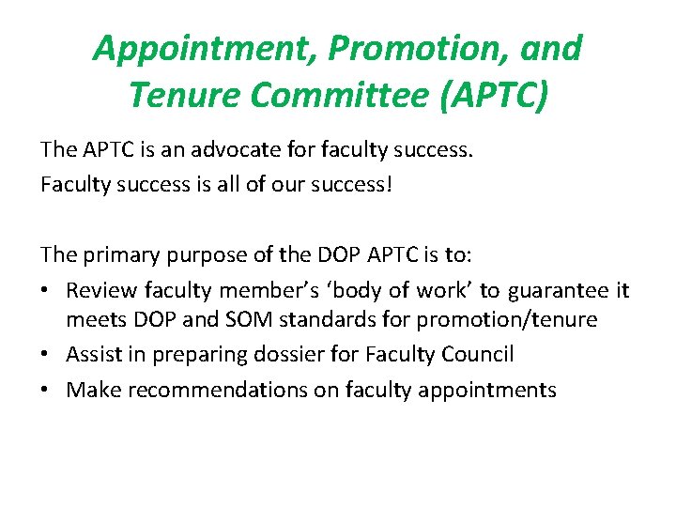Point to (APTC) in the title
click(494, 95)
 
